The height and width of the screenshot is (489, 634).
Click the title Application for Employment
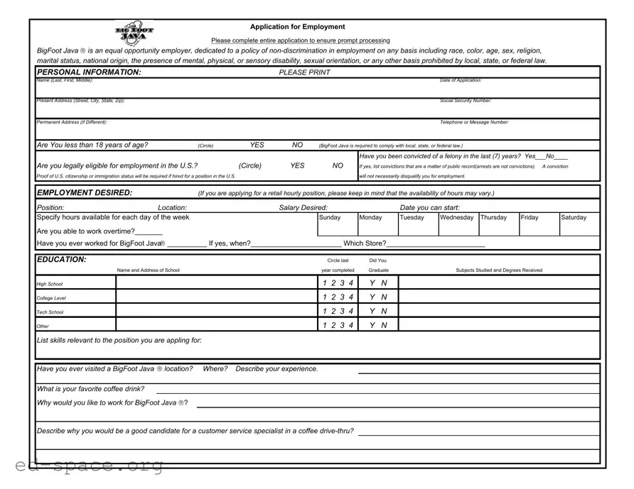point(297,27)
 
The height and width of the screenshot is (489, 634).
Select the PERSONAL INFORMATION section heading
point(89,72)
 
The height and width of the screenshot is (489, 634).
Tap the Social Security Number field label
point(466,101)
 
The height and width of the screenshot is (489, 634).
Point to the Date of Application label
point(461,80)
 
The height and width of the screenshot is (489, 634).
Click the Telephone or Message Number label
point(474,122)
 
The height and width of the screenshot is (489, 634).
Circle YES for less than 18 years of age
point(257,145)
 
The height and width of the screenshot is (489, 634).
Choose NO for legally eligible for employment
point(338,165)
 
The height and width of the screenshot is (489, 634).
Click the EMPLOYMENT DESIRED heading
point(85,193)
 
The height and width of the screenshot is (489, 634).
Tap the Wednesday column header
point(456,218)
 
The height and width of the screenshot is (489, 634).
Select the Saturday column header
point(574,218)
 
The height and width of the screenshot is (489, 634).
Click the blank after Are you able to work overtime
point(149,232)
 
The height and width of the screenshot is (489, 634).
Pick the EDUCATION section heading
point(62,260)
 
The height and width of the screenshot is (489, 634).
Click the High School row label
point(50,284)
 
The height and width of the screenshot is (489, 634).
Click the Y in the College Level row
point(372,297)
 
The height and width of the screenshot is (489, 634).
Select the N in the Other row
point(385,325)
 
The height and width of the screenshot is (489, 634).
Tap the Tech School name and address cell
point(216,311)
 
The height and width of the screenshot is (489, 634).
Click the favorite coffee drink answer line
point(377,390)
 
